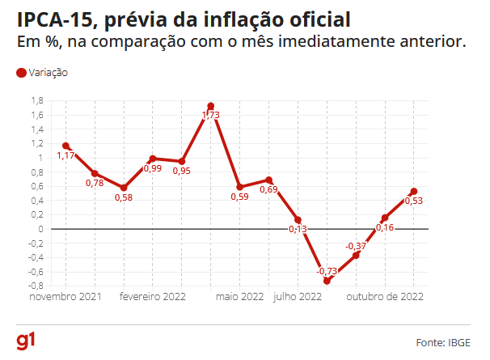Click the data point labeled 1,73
(211, 106)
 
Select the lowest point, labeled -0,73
(327, 281)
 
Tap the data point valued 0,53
(414, 192)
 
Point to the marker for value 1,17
(65, 146)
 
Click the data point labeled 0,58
(124, 188)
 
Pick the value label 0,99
(152, 168)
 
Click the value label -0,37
(355, 246)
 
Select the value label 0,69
(268, 190)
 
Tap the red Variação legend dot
(21, 73)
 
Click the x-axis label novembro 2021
(65, 298)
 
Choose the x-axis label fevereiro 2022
(153, 298)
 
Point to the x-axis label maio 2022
(240, 298)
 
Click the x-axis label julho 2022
(298, 298)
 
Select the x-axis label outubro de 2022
(385, 298)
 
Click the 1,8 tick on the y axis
(37, 100)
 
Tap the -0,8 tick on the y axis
(36, 286)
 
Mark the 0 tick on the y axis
(40, 229)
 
